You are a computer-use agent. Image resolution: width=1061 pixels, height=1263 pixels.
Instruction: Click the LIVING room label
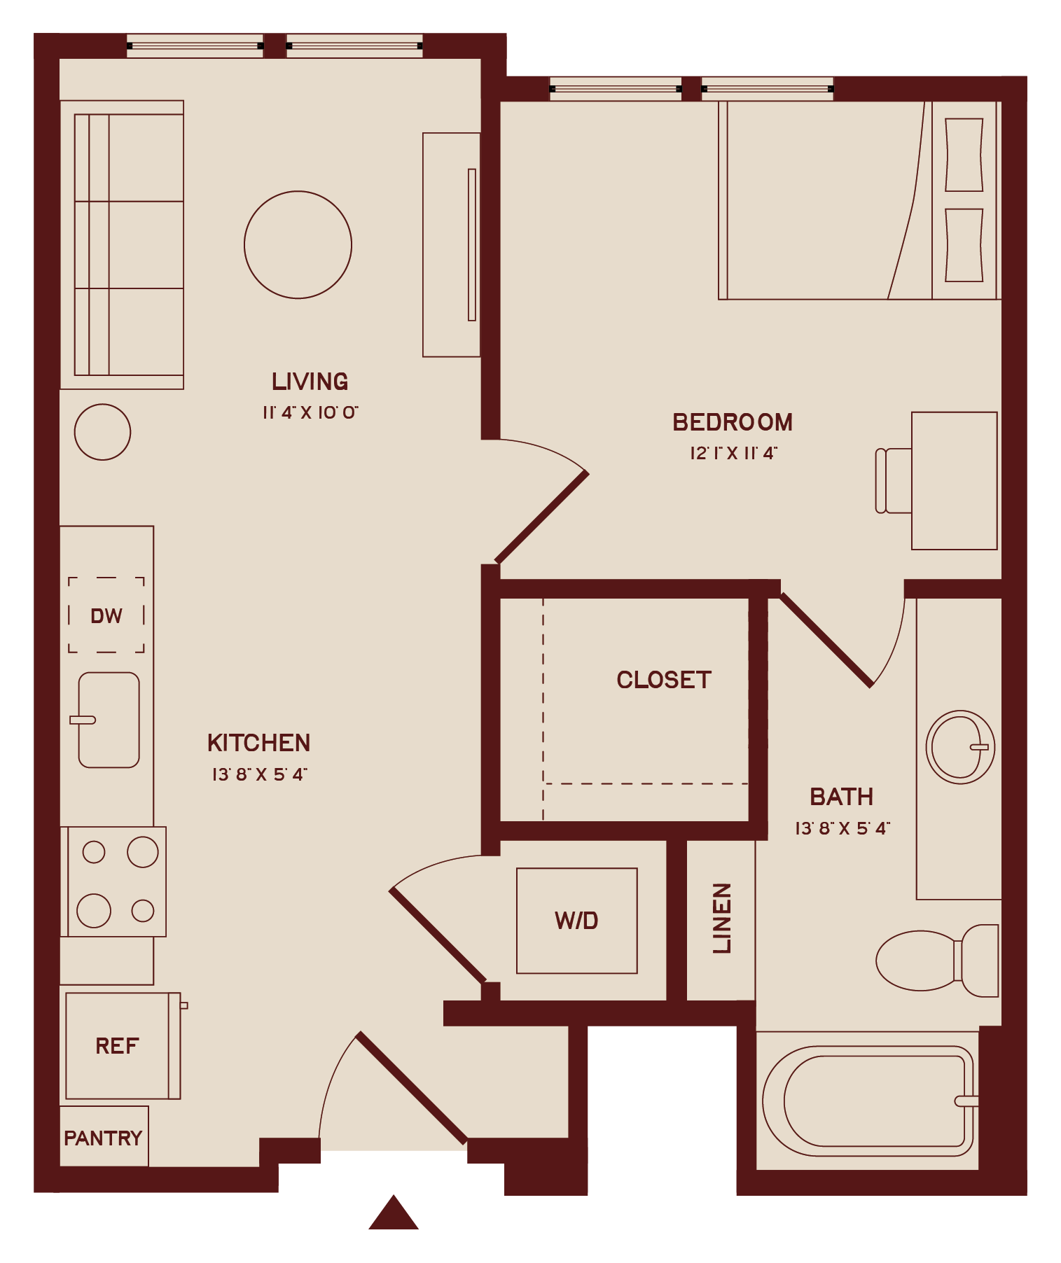pos(310,382)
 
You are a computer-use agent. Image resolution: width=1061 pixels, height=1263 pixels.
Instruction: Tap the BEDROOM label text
pos(733,422)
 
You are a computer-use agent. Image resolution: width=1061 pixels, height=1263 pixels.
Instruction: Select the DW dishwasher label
pos(106,616)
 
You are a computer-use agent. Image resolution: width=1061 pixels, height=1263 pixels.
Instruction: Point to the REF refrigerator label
pos(117,1046)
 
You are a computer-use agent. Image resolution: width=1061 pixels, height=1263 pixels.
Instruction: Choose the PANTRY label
pos(103,1138)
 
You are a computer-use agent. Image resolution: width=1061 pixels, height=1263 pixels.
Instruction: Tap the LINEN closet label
pos(722,918)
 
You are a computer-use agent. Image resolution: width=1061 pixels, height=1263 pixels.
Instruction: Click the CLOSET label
pos(664,680)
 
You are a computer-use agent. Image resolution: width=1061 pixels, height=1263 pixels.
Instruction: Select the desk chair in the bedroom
pos(893,480)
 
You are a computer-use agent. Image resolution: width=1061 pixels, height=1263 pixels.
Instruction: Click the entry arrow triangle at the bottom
pos(394,1213)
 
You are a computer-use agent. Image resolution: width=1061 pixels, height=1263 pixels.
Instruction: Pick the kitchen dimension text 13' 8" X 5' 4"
pos(259,774)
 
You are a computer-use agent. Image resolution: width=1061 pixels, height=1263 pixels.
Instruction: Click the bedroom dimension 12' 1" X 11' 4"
pos(733,453)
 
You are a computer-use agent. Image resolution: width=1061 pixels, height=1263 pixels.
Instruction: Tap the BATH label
pos(842,797)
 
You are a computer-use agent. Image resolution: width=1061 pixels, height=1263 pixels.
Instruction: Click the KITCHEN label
pos(258,743)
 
